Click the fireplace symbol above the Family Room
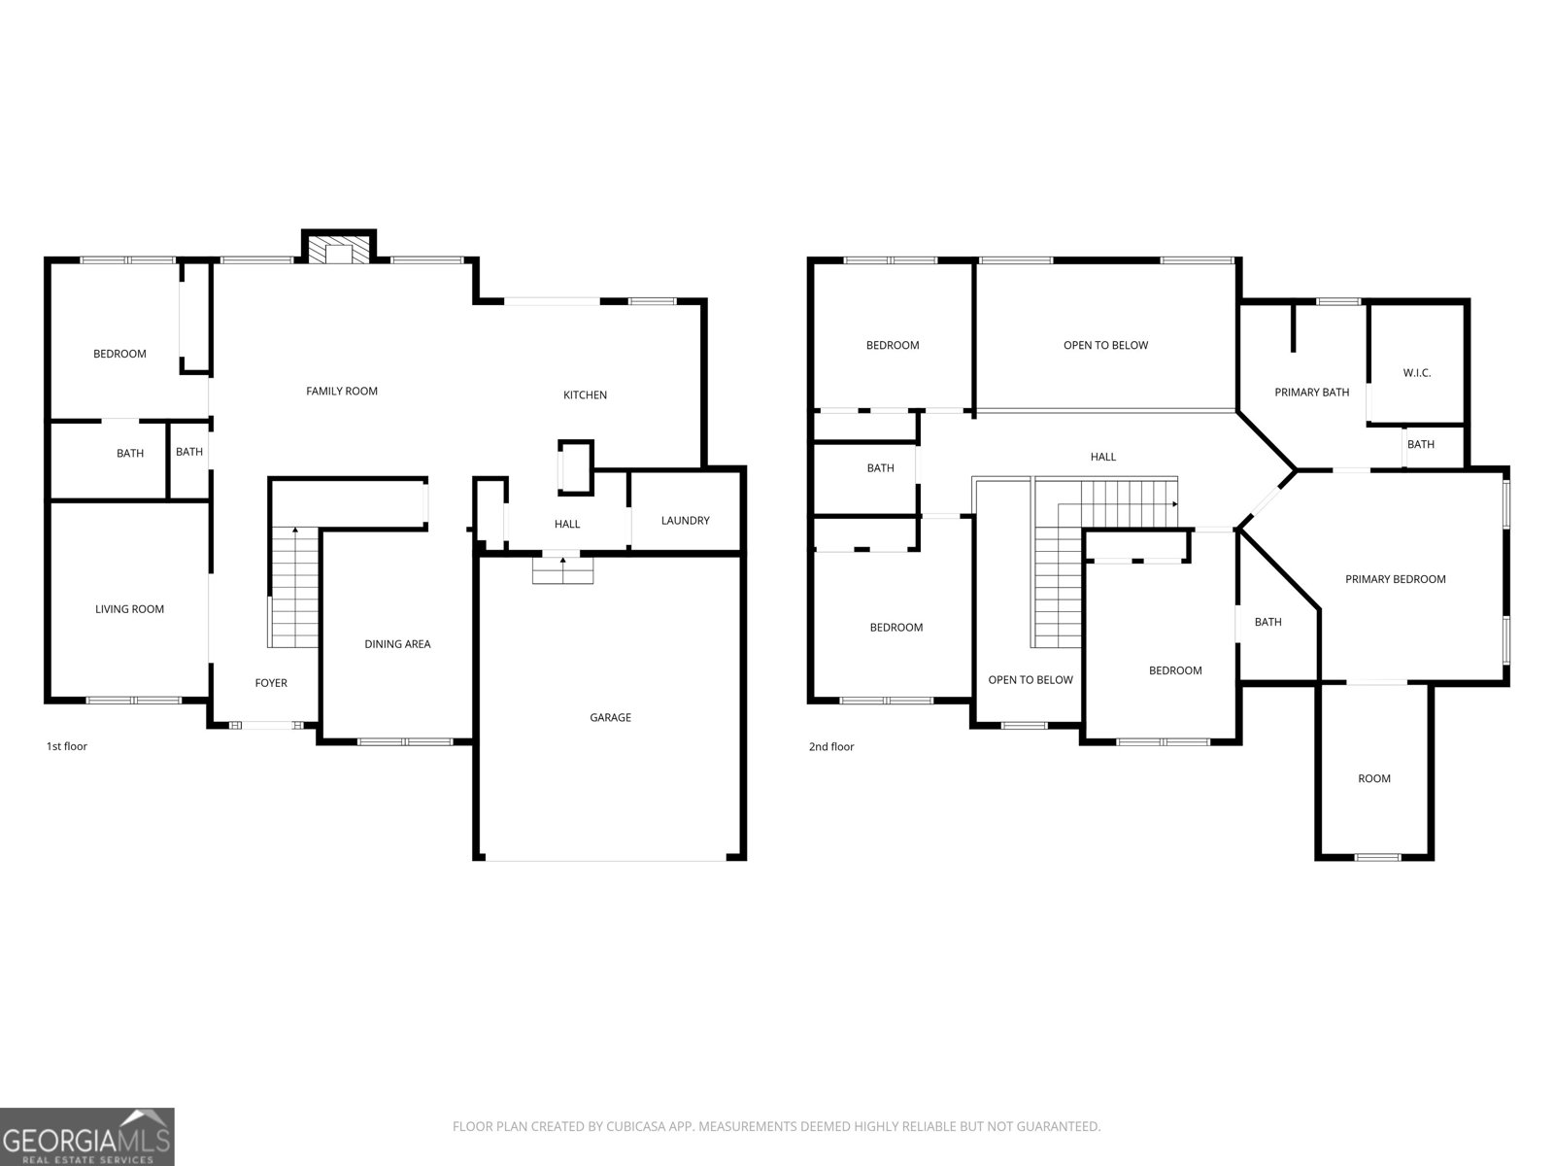[338, 250]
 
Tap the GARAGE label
[610, 718]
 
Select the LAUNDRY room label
[685, 521]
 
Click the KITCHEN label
[585, 395]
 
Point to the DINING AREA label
[397, 644]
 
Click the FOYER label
[271, 683]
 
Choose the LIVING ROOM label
[129, 609]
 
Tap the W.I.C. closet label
[1417, 373]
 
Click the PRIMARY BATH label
[1311, 393]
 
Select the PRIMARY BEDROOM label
[1395, 579]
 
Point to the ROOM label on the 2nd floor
[1373, 778]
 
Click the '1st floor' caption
[67, 746]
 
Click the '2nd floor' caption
[831, 746]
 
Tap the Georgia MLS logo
[87, 1137]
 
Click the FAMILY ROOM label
[342, 392]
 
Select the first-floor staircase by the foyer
[294, 588]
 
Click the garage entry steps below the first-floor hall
[562, 570]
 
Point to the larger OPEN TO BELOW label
[1105, 346]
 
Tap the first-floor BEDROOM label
[119, 354]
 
